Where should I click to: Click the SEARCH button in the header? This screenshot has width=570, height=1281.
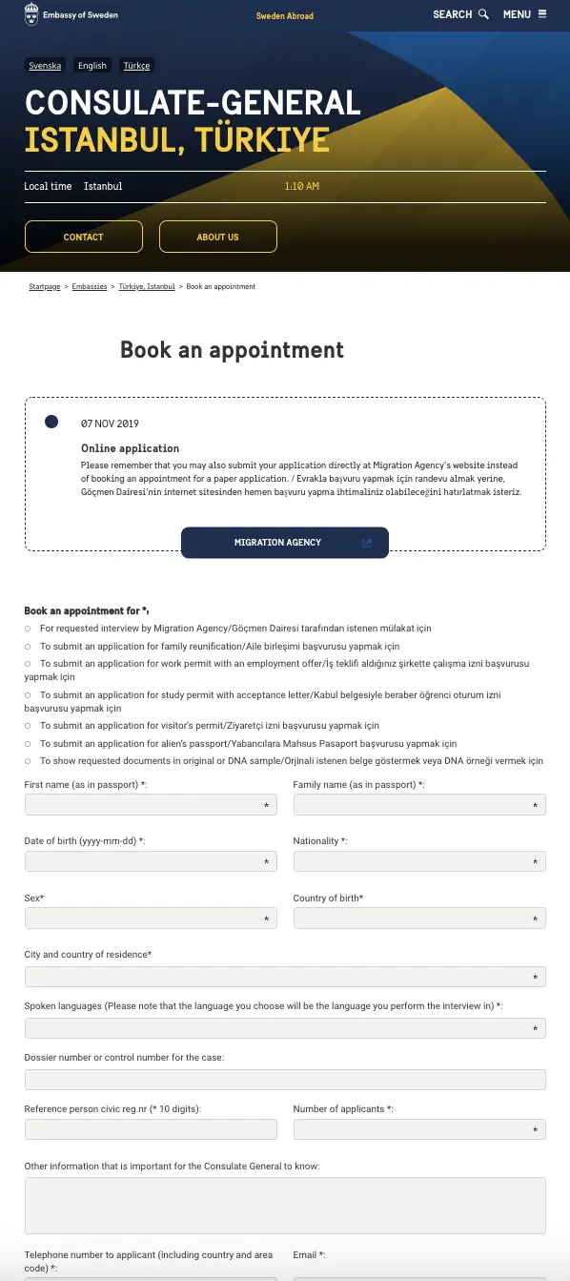pyautogui.click(x=460, y=14)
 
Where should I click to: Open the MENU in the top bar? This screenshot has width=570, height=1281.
pyautogui.click(x=524, y=14)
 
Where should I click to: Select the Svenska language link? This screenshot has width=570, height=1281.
pyautogui.click(x=45, y=66)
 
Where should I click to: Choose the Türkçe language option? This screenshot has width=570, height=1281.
pyautogui.click(x=136, y=66)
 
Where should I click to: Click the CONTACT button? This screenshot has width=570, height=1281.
pyautogui.click(x=84, y=237)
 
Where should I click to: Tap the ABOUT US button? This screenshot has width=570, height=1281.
pyautogui.click(x=218, y=237)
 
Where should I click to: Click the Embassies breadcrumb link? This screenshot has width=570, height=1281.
pyautogui.click(x=90, y=286)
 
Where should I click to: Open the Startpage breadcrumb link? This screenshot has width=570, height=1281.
pyautogui.click(x=45, y=286)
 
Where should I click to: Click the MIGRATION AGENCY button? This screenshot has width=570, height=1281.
pyautogui.click(x=284, y=543)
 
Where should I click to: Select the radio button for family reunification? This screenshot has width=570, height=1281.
pyautogui.click(x=28, y=647)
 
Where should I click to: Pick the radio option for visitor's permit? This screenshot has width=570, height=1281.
pyautogui.click(x=28, y=726)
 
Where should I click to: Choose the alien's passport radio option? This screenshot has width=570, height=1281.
pyautogui.click(x=28, y=744)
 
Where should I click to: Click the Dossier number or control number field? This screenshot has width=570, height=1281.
pyautogui.click(x=285, y=1080)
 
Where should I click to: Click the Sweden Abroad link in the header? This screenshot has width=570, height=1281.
pyautogui.click(x=284, y=16)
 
